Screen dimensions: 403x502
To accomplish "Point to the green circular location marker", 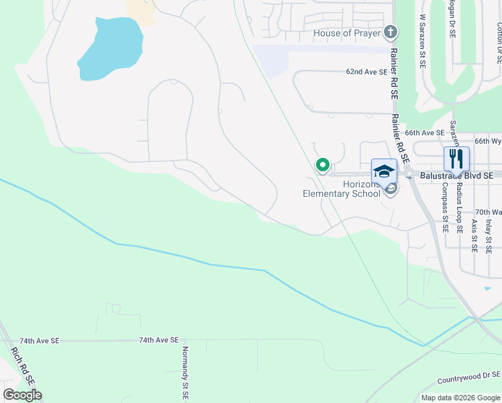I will pos(323,164).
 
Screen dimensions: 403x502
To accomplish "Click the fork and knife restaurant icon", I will pos(456,159).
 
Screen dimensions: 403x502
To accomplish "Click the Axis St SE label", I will pos(474,235).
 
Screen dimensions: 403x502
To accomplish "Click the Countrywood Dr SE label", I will pos(469,377).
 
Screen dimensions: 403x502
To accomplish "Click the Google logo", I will pos(23,395).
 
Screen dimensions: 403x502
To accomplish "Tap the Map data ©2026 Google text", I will pos(460,398).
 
